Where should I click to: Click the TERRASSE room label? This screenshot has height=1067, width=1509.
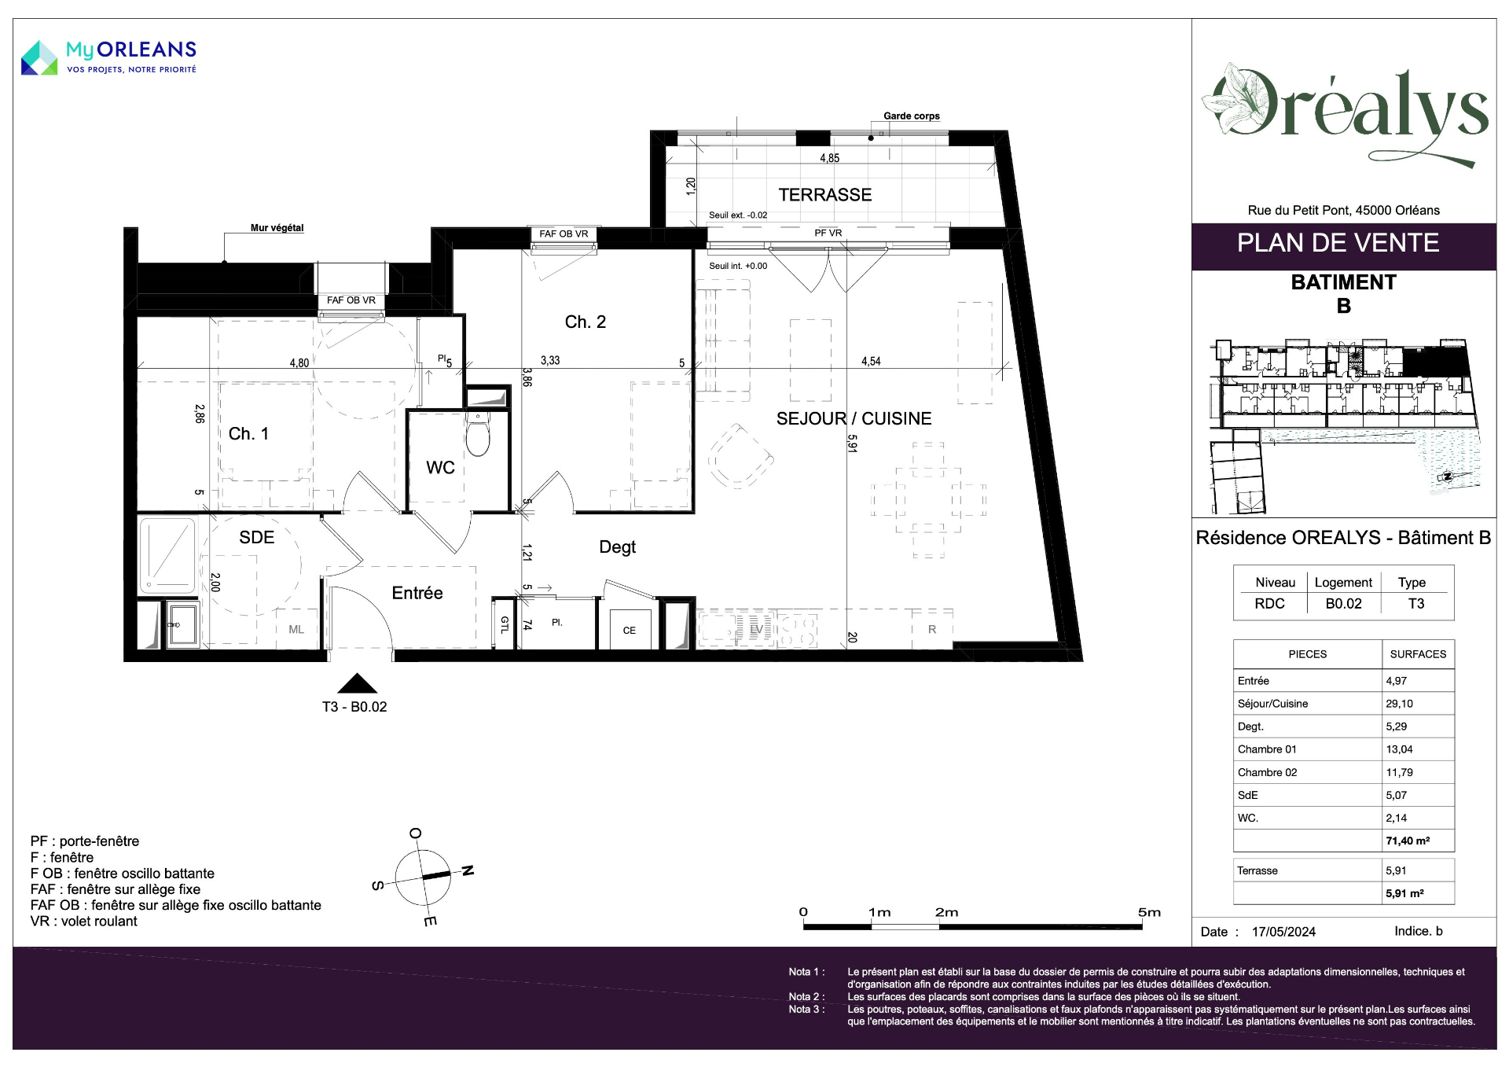[x=825, y=195]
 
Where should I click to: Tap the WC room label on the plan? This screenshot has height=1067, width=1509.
[x=440, y=468]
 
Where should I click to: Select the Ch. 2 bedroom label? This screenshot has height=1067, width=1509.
[x=586, y=322]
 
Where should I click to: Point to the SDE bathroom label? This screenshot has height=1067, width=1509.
[x=257, y=538]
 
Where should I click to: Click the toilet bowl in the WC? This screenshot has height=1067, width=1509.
[x=477, y=436]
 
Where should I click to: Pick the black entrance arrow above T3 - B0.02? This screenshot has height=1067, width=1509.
[x=357, y=683]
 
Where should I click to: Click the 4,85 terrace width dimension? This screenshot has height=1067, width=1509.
[x=830, y=158]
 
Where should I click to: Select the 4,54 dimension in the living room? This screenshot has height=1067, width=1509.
[x=871, y=362]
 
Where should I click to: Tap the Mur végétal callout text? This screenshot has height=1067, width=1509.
[x=277, y=228]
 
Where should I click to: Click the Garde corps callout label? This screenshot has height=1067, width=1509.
[x=912, y=116]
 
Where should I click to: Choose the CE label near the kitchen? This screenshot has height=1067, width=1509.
[x=629, y=631]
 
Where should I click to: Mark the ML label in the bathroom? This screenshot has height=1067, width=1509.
[x=296, y=630]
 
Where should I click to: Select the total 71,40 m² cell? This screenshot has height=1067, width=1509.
[x=1408, y=841]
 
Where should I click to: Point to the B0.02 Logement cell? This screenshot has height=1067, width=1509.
[x=1343, y=604]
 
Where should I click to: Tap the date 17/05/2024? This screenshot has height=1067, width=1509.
[x=1283, y=932]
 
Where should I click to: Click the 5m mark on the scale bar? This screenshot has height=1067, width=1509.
[x=1149, y=912]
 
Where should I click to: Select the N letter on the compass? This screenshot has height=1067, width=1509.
[x=468, y=870]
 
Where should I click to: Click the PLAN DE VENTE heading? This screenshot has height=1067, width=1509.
[x=1338, y=243]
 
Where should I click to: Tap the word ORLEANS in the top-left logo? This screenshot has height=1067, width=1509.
[x=146, y=50]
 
